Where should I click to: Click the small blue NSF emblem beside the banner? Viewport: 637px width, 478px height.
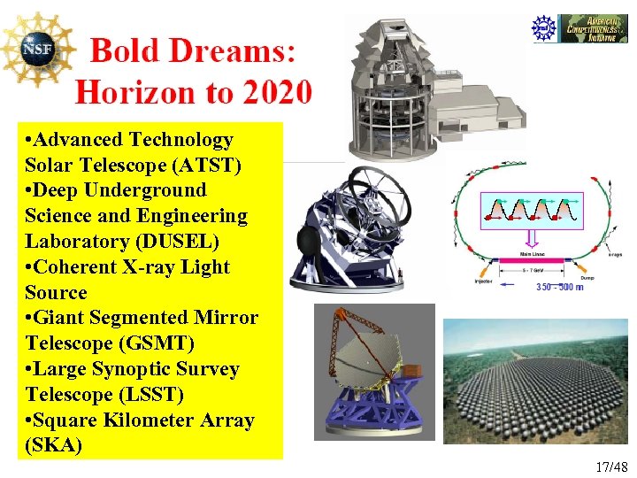point(544,28)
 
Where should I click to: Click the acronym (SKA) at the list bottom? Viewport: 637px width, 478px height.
point(54,444)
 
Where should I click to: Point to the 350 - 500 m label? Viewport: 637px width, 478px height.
point(559,287)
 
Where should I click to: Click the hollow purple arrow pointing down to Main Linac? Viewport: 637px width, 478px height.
point(531,237)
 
